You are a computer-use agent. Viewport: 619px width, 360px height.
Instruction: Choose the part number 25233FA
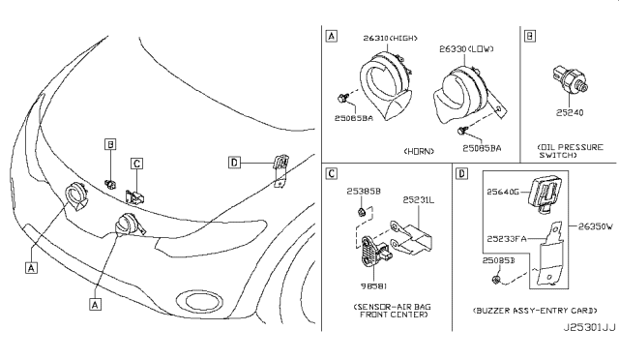(x=504, y=237)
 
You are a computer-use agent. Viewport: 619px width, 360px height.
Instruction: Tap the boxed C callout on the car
(x=137, y=164)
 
